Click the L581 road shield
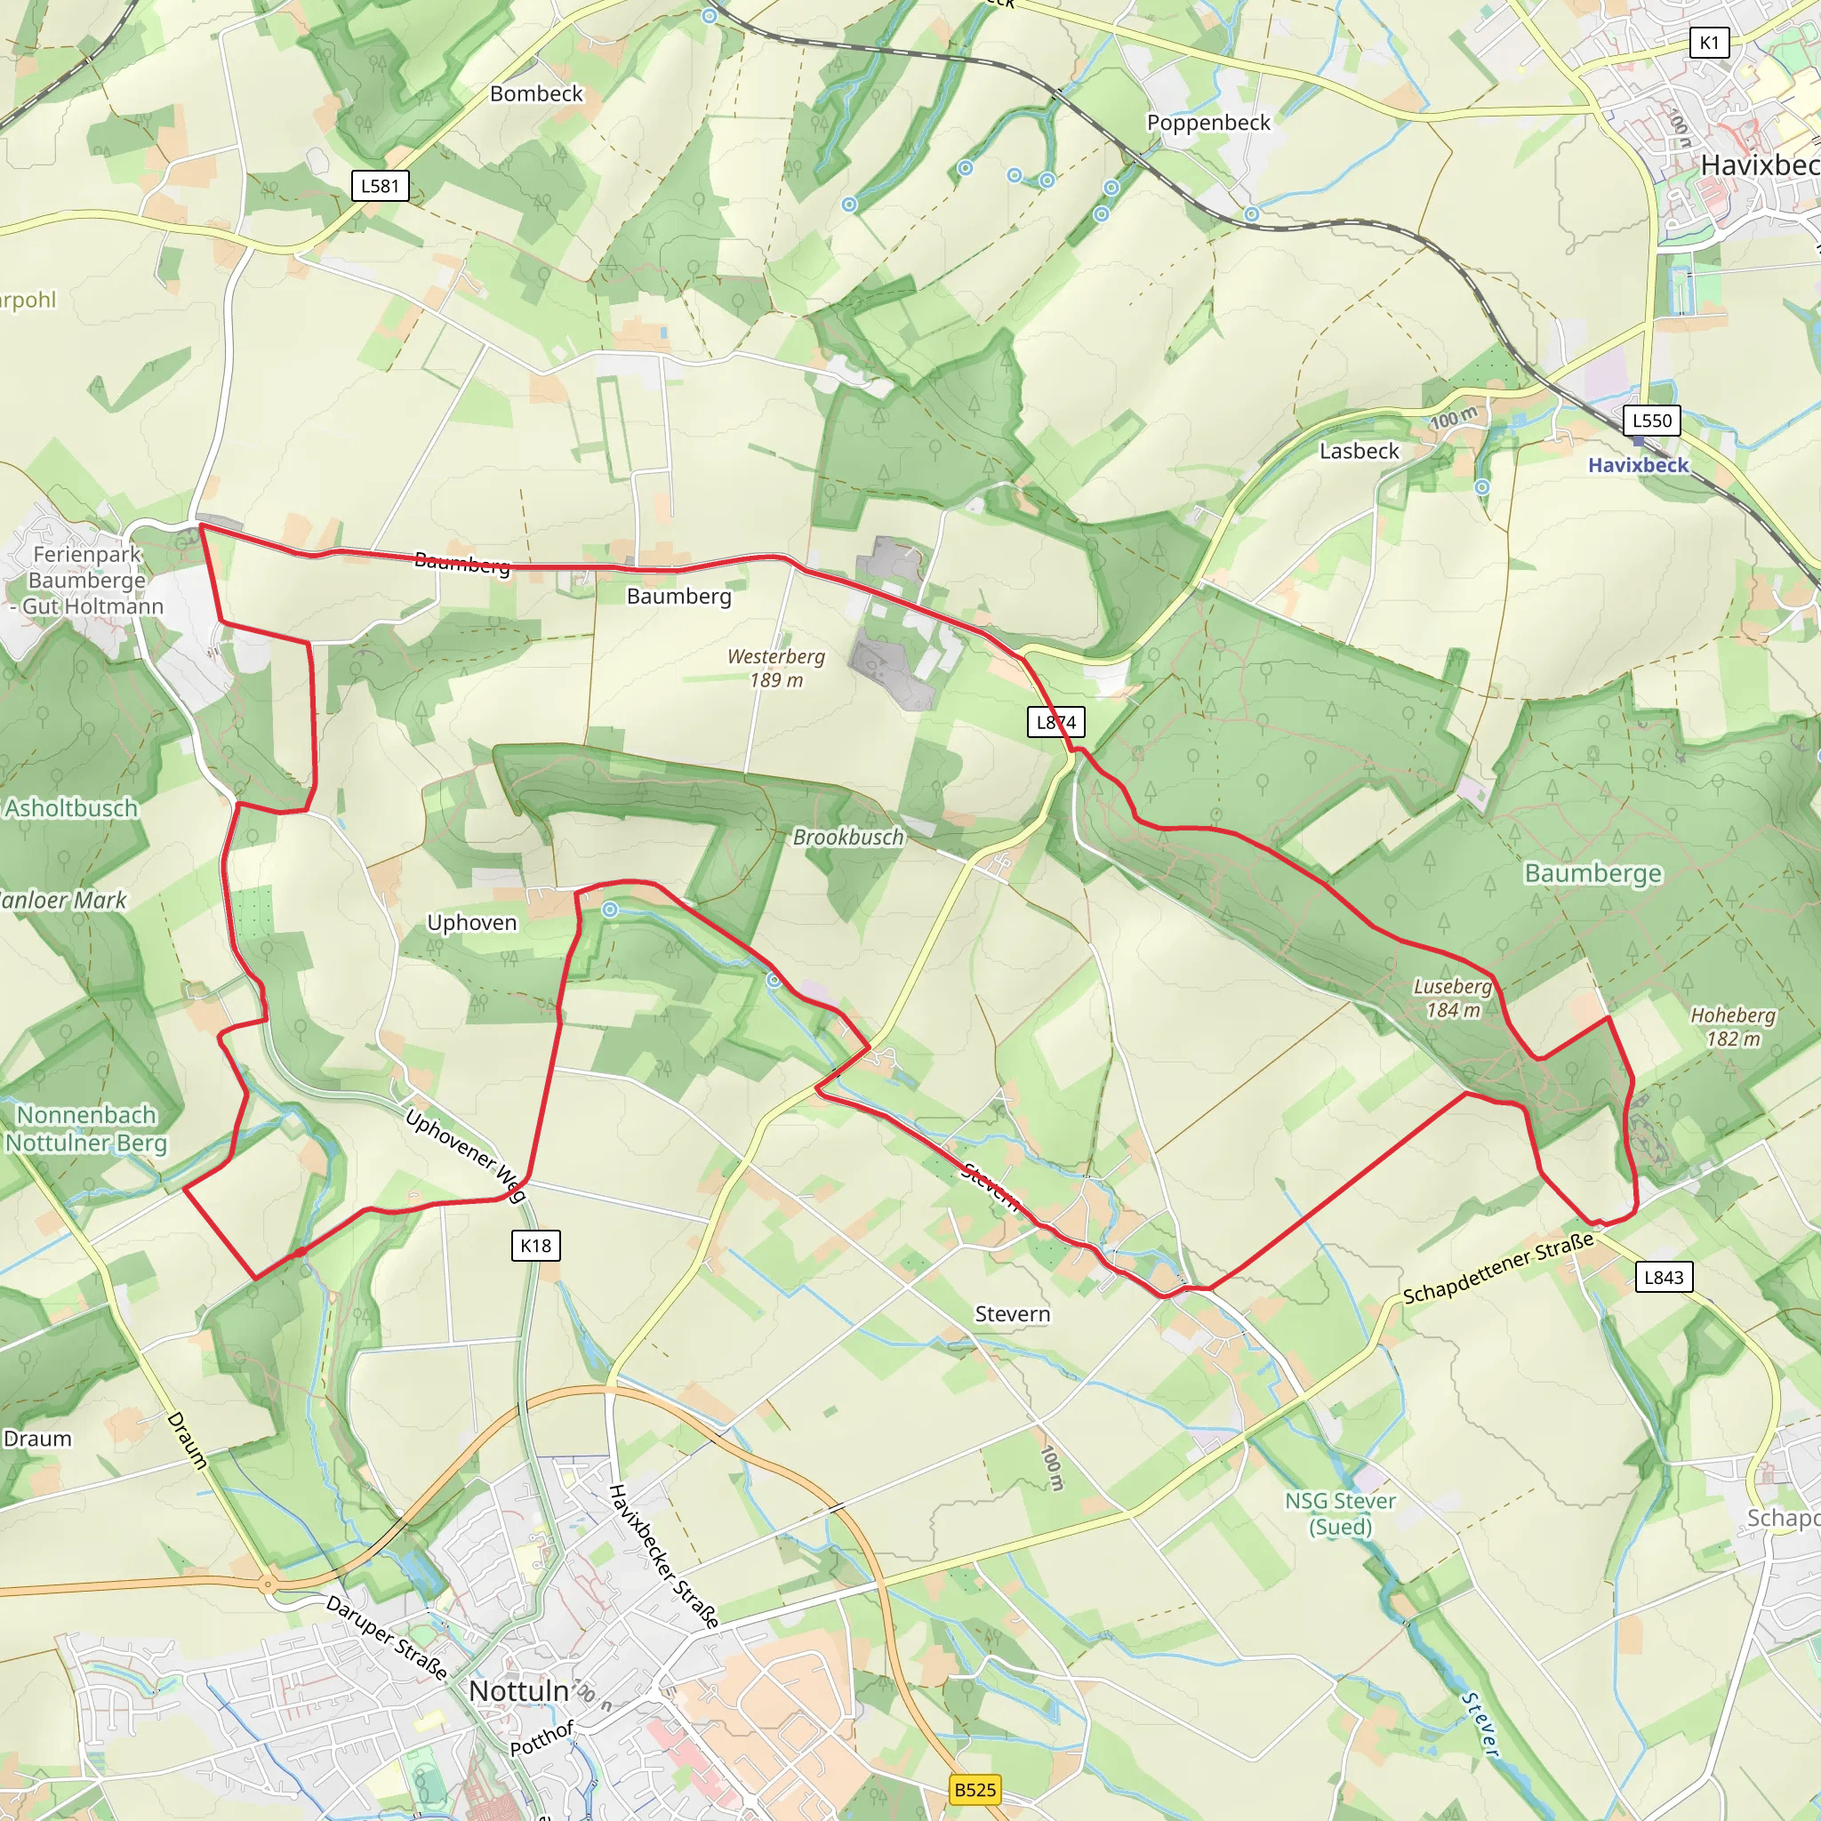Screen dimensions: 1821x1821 click(x=380, y=186)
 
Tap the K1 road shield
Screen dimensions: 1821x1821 click(x=1709, y=43)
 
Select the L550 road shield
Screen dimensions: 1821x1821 click(x=1651, y=421)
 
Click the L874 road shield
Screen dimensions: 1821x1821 click(x=1055, y=722)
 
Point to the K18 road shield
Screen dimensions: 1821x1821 click(x=536, y=1245)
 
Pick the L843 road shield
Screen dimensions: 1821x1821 click(x=1663, y=1277)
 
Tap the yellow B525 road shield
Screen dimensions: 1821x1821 click(x=975, y=1789)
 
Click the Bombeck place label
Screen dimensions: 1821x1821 click(x=536, y=94)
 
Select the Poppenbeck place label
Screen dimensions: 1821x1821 click(x=1208, y=123)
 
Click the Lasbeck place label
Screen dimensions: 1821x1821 click(x=1360, y=452)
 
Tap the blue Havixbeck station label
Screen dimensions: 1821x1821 click(x=1638, y=465)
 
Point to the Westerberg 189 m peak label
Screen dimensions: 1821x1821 click(x=775, y=668)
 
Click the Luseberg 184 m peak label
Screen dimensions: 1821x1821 click(x=1453, y=999)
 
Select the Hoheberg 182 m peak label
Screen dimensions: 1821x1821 click(x=1732, y=1026)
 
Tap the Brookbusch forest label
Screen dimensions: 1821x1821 click(x=848, y=837)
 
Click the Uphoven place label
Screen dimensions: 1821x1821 click(x=472, y=923)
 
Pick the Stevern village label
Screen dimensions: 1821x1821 click(x=1012, y=1314)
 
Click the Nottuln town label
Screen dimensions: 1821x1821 click(x=518, y=1691)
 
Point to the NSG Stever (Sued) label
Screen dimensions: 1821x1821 click(x=1340, y=1512)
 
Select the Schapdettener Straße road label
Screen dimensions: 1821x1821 click(x=1497, y=1269)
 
